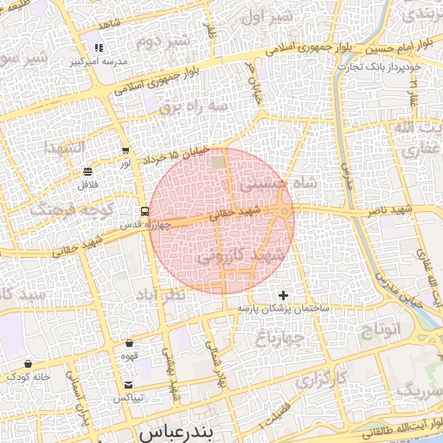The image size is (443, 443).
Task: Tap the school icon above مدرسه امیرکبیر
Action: pyautogui.click(x=100, y=48)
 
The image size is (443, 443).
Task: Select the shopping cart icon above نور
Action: pyautogui.click(x=126, y=150)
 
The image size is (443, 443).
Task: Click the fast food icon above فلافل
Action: pyautogui.click(x=88, y=171)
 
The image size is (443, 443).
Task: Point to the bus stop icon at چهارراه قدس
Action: pyautogui.click(x=144, y=211)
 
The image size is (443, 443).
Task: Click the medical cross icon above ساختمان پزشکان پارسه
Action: pyautogui.click(x=283, y=295)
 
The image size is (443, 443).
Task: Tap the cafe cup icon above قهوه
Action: pyautogui.click(x=130, y=343)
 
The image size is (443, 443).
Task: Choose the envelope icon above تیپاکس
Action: pyautogui.click(x=129, y=384)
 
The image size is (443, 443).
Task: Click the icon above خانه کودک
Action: pyautogui.click(x=29, y=363)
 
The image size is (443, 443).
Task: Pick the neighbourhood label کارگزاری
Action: pyautogui.click(x=321, y=379)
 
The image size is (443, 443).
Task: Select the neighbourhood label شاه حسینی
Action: pyautogui.click(x=267, y=183)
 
